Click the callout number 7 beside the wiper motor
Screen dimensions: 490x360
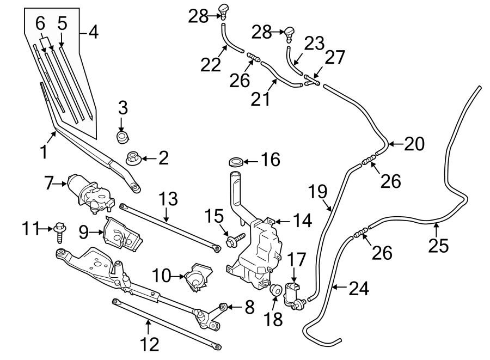click(48, 184)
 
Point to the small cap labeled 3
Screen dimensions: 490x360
click(123, 137)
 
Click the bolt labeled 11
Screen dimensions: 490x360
click(59, 233)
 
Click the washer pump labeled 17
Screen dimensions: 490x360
click(292, 295)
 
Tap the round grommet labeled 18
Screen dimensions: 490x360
click(275, 290)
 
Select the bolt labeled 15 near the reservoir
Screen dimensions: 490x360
click(235, 240)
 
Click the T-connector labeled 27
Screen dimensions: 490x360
click(311, 81)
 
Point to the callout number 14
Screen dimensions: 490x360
click(302, 221)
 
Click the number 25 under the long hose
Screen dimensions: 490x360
click(438, 245)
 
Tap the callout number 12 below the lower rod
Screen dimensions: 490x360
click(149, 344)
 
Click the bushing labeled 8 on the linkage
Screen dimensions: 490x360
click(222, 306)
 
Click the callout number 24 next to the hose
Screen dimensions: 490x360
click(358, 288)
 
